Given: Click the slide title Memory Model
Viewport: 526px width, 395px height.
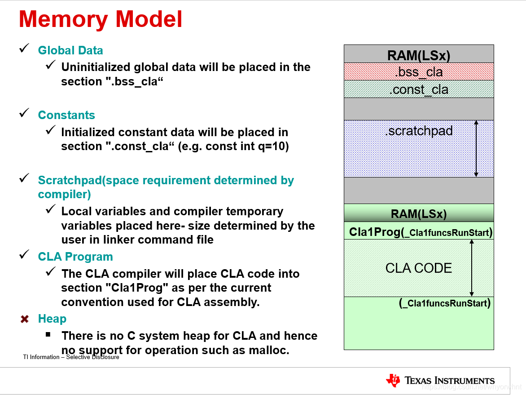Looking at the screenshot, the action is [101, 20].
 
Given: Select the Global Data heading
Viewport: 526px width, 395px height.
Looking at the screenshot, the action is [70, 50].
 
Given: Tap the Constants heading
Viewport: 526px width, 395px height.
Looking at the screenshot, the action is [66, 115].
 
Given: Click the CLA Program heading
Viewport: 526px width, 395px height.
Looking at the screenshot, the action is [75, 257].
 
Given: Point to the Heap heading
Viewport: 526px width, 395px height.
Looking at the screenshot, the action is [52, 319].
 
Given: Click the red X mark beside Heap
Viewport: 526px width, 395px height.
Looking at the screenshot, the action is [25, 319].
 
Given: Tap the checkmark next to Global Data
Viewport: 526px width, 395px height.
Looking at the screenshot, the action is [24, 49].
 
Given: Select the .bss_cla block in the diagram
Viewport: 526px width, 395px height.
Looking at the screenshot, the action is [418, 72].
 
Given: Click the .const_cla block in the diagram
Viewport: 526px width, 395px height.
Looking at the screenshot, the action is [418, 89].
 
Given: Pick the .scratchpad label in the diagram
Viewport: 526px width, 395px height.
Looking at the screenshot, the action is [418, 131].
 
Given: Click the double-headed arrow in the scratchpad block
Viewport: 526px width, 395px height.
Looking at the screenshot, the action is [476, 148].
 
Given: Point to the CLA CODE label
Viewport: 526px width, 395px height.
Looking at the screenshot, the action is [418, 268].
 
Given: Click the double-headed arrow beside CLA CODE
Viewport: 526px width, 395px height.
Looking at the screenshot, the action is [472, 267].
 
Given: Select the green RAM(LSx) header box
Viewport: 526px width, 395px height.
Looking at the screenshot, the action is [418, 213].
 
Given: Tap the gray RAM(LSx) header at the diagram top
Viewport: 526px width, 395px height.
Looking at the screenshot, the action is [418, 55].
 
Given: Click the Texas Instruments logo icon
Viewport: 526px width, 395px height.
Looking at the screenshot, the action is [393, 380].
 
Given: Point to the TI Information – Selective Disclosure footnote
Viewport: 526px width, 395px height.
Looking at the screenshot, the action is [71, 357].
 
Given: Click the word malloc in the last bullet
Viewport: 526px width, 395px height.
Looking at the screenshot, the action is [269, 350].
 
